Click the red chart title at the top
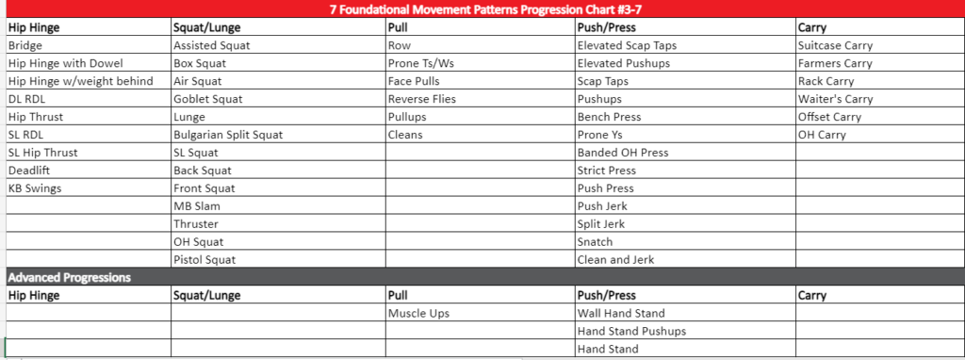pos(482,8)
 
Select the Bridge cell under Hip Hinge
pos(25,45)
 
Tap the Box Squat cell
pos(200,63)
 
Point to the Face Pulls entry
pos(414,81)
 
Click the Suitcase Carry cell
pos(835,45)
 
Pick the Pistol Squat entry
pos(204,260)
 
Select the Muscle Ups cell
pos(418,314)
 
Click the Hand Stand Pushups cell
pos(631,332)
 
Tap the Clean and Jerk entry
pos(615,260)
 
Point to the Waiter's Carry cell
pos(835,99)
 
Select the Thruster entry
pos(195,224)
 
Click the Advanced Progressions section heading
pos(69,278)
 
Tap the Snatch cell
pos(597,242)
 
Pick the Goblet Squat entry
pos(208,99)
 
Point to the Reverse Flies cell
pos(421,99)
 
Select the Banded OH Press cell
pos(623,153)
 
